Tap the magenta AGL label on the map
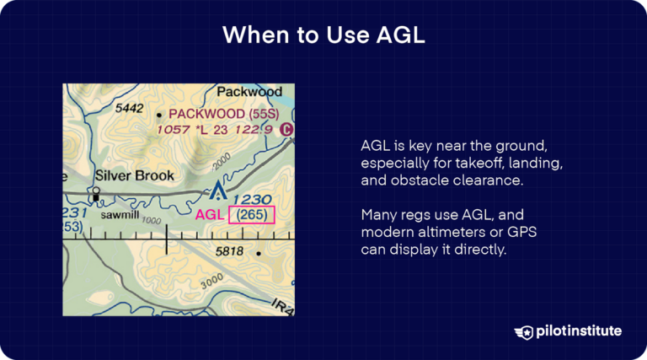(x=210, y=215)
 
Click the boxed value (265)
(x=251, y=215)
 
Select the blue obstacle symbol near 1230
(x=218, y=192)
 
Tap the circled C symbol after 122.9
(x=286, y=129)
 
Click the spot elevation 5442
(x=130, y=109)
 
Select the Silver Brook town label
(x=134, y=175)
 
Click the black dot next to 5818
(x=259, y=252)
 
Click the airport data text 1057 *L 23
(x=195, y=129)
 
